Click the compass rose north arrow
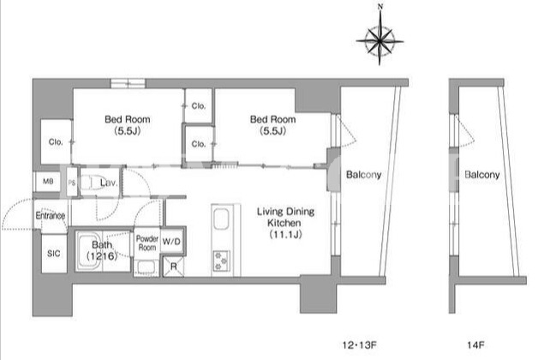pyautogui.click(x=380, y=35)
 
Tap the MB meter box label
pyautogui.click(x=48, y=181)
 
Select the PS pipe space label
pyautogui.click(x=72, y=183)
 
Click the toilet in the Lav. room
pyautogui.click(x=92, y=183)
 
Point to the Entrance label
pyautogui.click(x=50, y=215)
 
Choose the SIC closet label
pyautogui.click(x=53, y=254)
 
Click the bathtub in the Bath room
pyautogui.click(x=89, y=251)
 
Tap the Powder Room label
pyautogui.click(x=147, y=243)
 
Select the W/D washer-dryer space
pyautogui.click(x=171, y=241)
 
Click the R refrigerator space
pyautogui.click(x=174, y=267)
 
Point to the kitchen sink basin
pyautogui.click(x=221, y=219)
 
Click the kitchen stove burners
pyautogui.click(x=221, y=261)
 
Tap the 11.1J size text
pyautogui.click(x=285, y=235)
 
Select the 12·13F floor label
pyautogui.click(x=359, y=345)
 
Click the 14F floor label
pyautogui.click(x=475, y=345)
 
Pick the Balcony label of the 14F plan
pyautogui.click(x=482, y=175)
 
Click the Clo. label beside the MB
pyautogui.click(x=56, y=141)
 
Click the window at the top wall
pyautogui.click(x=128, y=83)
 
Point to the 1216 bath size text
pyautogui.click(x=102, y=256)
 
